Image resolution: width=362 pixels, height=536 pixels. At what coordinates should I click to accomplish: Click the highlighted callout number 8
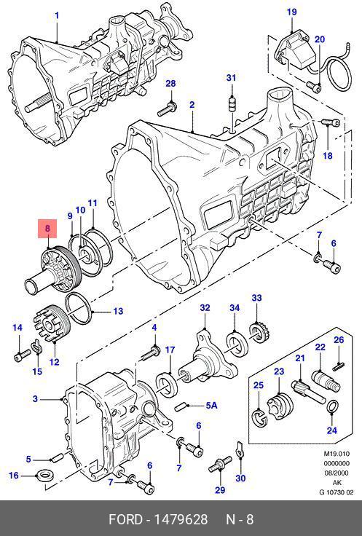tap(47, 228)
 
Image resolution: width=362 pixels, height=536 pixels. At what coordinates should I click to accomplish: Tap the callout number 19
tap(291, 12)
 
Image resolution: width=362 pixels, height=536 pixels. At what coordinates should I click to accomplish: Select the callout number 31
tap(231, 78)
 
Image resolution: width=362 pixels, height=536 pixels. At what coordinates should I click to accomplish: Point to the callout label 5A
tap(212, 406)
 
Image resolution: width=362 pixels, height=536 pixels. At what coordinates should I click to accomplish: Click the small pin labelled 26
tap(339, 366)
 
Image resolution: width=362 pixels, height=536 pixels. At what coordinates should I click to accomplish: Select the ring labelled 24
tap(333, 406)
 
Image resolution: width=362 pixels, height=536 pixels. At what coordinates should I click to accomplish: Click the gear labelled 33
tap(260, 331)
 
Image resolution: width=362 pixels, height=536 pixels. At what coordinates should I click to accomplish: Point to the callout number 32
tap(205, 307)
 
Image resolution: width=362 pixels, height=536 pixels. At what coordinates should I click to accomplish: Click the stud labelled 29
tap(220, 464)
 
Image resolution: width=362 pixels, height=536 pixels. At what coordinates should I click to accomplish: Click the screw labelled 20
tap(313, 87)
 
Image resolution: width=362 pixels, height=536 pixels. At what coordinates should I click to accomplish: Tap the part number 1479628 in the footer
tap(181, 519)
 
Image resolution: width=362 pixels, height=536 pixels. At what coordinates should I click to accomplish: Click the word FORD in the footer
tap(125, 519)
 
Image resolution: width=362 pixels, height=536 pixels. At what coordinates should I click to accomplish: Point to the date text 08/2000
tap(337, 473)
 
